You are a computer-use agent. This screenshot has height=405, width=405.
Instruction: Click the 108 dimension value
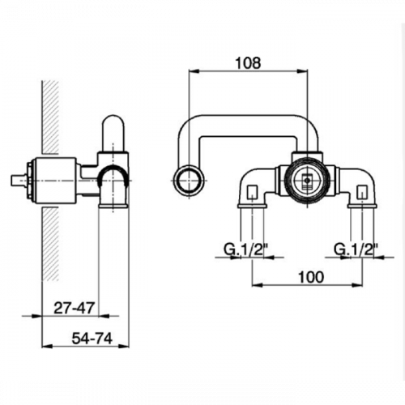[249, 63]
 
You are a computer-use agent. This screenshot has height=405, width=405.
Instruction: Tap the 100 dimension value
[311, 277]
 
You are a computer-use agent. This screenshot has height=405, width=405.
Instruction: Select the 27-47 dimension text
[75, 308]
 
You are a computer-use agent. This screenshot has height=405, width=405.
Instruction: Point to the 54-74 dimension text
[92, 339]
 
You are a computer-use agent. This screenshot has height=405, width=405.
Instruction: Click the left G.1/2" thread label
[244, 249]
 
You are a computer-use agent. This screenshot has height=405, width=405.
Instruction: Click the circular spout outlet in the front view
[188, 180]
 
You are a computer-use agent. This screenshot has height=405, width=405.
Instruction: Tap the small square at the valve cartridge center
[307, 179]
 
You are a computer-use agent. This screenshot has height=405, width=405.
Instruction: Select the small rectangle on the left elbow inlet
[252, 191]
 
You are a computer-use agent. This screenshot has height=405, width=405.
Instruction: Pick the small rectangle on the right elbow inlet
[361, 191]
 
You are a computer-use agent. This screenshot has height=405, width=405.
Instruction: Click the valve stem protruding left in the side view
[19, 181]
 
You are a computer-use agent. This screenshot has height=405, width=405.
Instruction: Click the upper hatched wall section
[50, 117]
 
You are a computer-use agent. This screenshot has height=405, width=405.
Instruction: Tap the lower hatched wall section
[50, 244]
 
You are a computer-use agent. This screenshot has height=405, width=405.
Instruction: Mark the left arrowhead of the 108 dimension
[194, 71]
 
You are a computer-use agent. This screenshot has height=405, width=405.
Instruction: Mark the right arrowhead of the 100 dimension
[356, 284]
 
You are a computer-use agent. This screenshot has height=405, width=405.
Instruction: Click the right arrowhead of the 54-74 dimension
[124, 346]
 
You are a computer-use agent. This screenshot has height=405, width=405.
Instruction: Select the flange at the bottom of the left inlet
[252, 207]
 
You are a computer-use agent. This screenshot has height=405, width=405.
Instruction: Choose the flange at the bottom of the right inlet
[362, 207]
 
